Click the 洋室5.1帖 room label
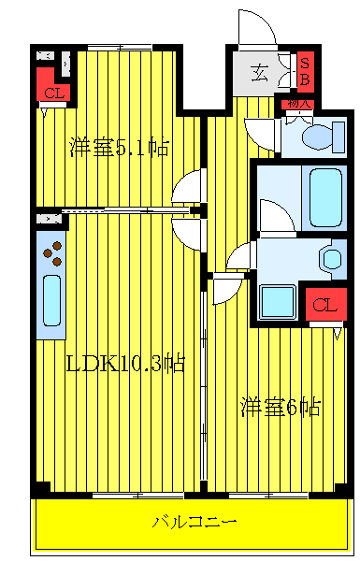pyautogui.click(x=119, y=147)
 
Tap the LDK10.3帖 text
pyautogui.click(x=124, y=364)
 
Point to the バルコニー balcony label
pyautogui.click(x=194, y=521)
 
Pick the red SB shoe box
pyautogui.click(x=305, y=71)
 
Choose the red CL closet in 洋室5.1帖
pyautogui.click(x=53, y=92)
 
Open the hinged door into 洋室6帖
pyautogui.click(x=226, y=291)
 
